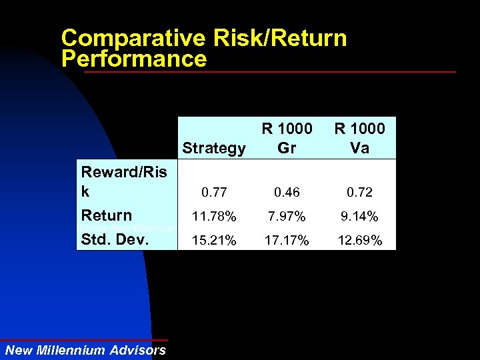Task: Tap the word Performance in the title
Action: point(133,59)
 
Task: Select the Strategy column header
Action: point(213,148)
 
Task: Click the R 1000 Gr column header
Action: point(287,138)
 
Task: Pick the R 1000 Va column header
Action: point(359,138)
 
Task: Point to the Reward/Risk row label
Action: point(123,181)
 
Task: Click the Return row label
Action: point(106,215)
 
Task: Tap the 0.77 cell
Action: point(213,193)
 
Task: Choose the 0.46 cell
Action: point(287,193)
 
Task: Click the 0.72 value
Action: point(359,193)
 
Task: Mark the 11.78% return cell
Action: point(213,217)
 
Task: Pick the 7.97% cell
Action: point(287,217)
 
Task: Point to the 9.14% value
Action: point(359,217)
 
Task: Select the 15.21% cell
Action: point(213,240)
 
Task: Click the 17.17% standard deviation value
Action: point(287,240)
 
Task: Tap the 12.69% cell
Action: point(359,240)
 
